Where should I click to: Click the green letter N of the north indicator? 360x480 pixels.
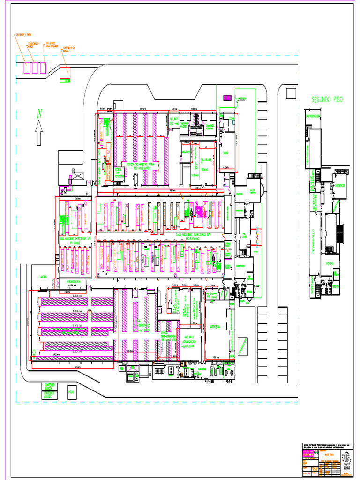pyautogui.click(x=40, y=113)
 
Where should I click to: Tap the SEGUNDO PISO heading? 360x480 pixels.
pyautogui.click(x=327, y=99)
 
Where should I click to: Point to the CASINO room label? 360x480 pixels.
pyautogui.click(x=225, y=153)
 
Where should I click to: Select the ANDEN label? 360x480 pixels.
pyautogui.click(x=44, y=276)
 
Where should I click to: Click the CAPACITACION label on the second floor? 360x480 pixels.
pyautogui.click(x=313, y=116)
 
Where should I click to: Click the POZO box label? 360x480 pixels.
pyautogui.click(x=72, y=392)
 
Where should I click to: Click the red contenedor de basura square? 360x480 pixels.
pyautogui.click(x=65, y=73)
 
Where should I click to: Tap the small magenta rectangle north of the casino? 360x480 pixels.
pyautogui.click(x=227, y=97)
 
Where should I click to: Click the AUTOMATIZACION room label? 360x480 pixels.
pyautogui.click(x=76, y=282)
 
